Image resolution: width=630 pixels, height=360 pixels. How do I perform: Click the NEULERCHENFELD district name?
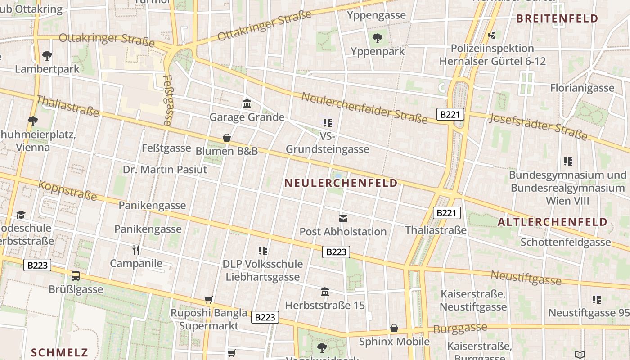341,183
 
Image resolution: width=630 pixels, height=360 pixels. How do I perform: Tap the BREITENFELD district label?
557,18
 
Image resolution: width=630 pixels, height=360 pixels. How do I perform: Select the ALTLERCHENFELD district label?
553,222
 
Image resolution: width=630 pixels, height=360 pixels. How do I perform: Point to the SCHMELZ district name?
59,352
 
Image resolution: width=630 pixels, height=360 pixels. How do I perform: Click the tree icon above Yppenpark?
378,38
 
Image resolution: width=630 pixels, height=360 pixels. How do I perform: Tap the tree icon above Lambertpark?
47,56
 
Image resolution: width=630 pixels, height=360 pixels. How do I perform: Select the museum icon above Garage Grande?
247,104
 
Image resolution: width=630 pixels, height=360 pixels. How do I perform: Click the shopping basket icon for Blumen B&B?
227,138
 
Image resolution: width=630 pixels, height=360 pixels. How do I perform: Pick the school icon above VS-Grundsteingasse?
327,122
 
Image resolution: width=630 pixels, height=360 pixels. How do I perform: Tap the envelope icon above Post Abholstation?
343,219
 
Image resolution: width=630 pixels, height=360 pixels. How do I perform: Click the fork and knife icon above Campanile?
136,250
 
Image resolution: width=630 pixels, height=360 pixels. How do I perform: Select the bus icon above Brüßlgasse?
76,276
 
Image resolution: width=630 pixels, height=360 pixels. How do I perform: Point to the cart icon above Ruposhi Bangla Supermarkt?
208,300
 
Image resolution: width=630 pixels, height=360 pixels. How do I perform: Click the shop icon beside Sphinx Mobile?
394,328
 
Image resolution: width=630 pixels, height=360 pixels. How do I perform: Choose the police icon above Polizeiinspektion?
492,35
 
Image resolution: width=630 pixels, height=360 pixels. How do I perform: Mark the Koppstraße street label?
67,191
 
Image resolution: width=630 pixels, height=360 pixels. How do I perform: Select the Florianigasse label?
582,88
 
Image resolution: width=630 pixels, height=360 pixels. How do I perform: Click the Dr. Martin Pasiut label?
165,170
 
